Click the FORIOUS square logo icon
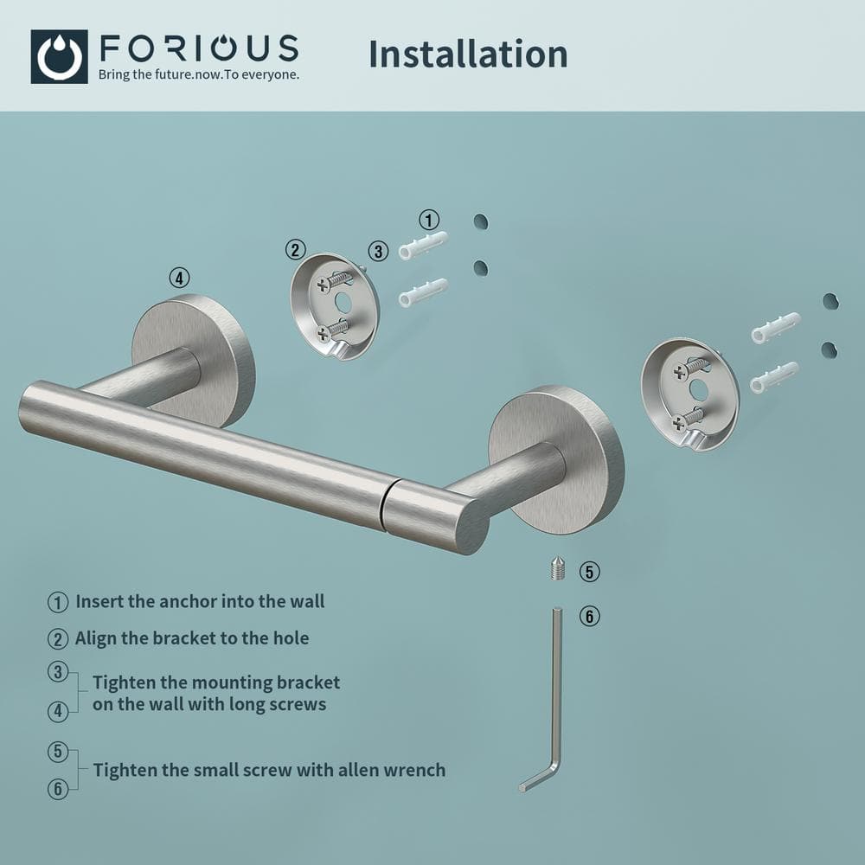[x=59, y=56]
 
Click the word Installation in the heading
[x=468, y=54]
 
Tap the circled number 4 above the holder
[x=179, y=278]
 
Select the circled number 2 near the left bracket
[x=296, y=250]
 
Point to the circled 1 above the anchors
[x=429, y=219]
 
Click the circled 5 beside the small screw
[x=589, y=572]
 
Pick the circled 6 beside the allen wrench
[x=589, y=617]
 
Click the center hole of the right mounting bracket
[x=699, y=390]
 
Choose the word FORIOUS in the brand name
[x=198, y=48]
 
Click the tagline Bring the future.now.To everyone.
[x=199, y=74]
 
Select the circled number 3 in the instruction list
[x=58, y=671]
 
